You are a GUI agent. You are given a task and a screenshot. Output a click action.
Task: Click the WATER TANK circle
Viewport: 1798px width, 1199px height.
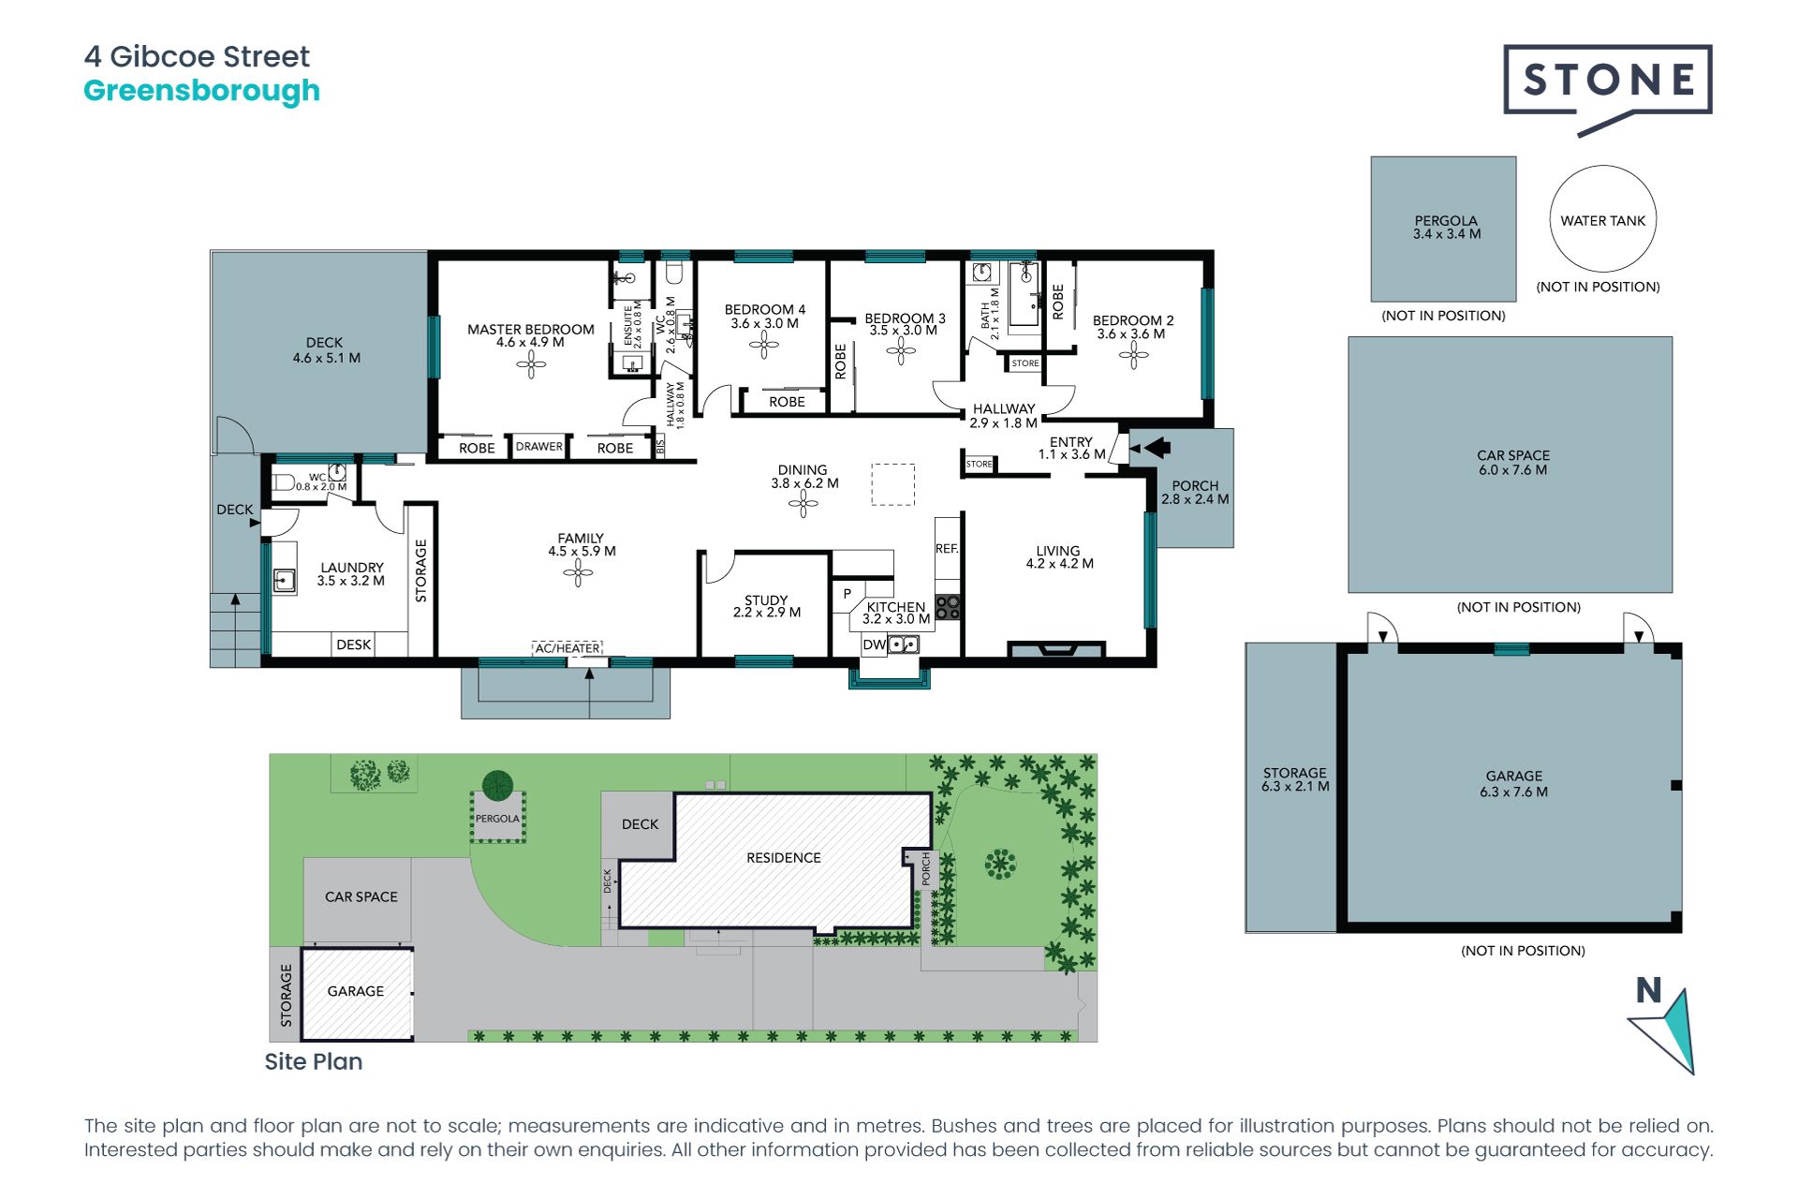tap(1603, 219)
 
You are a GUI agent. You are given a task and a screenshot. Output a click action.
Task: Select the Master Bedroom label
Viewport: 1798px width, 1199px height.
tap(531, 335)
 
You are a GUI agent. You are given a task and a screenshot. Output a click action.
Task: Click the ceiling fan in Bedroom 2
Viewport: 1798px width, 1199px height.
tap(1133, 356)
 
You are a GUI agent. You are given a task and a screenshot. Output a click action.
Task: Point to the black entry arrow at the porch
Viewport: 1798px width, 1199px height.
tap(1157, 448)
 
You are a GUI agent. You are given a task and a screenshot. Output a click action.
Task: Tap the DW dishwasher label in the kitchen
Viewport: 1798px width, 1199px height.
tap(873, 644)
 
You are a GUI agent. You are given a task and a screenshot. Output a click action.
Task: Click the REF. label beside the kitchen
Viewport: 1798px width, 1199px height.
tap(947, 549)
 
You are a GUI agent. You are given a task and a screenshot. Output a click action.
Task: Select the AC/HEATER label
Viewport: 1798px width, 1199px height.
tap(567, 648)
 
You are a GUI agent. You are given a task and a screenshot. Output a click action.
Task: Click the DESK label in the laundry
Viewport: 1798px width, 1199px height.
tap(354, 644)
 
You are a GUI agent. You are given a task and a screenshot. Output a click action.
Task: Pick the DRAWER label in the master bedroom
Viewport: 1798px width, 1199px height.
tap(539, 447)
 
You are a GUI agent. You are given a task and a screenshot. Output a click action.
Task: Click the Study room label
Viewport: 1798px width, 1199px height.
tap(766, 606)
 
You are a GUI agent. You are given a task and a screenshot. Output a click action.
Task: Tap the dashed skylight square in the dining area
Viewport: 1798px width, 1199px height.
tap(893, 484)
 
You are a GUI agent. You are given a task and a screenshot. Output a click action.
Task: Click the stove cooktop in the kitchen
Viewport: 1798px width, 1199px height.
tap(948, 607)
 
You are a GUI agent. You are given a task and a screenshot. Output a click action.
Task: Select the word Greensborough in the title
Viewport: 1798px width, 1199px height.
tap(201, 92)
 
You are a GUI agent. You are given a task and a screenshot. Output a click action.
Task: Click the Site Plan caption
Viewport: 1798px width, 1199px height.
tap(314, 1061)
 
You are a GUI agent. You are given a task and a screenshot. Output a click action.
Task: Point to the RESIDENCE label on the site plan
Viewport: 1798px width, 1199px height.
tap(784, 858)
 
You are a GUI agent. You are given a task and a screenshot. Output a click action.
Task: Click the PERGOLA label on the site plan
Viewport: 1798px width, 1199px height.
tap(497, 819)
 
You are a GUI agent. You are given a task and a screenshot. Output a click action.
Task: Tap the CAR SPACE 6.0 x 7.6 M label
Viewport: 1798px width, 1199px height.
tap(1513, 463)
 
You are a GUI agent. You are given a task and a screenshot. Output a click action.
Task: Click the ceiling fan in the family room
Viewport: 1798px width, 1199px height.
tap(578, 572)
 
